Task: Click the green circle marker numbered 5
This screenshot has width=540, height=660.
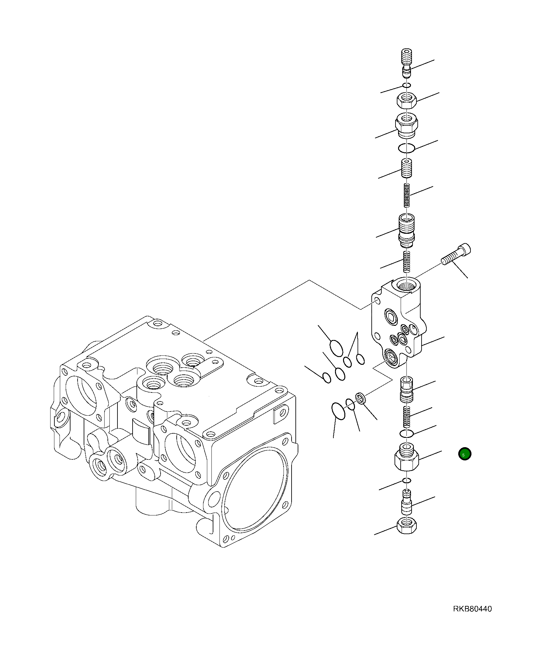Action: (x=464, y=454)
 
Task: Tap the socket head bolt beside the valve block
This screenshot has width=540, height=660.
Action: (x=457, y=255)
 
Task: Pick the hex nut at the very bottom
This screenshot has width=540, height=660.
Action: (x=407, y=525)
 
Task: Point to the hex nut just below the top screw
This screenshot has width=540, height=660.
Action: (x=407, y=101)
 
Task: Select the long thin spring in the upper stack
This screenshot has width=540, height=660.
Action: (x=407, y=195)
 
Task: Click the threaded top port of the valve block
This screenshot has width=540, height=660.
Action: (x=407, y=285)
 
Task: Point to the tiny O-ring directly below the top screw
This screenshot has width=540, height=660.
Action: (x=407, y=85)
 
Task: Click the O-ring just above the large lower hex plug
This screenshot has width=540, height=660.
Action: (x=406, y=434)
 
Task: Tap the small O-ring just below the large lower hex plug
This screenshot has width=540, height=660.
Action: (x=407, y=481)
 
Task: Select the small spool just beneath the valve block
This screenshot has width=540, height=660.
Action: (x=407, y=390)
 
